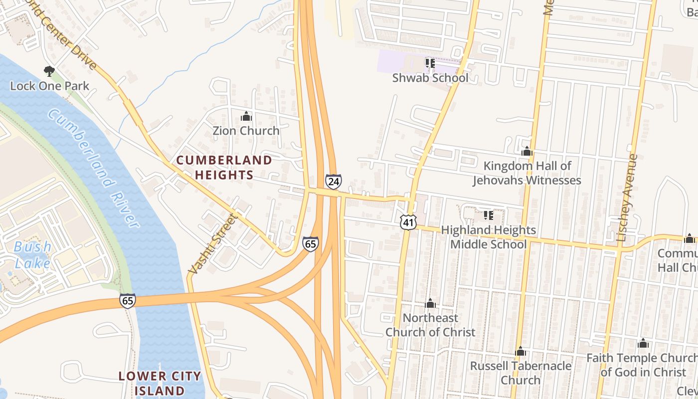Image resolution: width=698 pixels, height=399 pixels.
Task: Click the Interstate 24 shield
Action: click(x=334, y=181)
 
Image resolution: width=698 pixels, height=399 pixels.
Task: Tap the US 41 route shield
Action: click(x=408, y=222)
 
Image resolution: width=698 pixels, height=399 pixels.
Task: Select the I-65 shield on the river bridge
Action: click(x=127, y=301)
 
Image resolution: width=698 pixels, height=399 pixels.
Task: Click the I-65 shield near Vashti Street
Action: click(x=310, y=244)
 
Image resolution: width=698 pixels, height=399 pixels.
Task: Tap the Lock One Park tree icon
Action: click(x=49, y=71)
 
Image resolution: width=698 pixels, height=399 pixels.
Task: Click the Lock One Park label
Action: click(x=50, y=86)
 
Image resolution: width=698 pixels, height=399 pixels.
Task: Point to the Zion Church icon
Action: click(x=246, y=117)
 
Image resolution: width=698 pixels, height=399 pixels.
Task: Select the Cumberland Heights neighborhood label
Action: click(x=224, y=168)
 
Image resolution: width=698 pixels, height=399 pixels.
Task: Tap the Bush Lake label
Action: click(x=32, y=255)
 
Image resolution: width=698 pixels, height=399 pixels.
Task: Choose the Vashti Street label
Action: click(x=212, y=244)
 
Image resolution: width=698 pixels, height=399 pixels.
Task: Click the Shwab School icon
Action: click(x=430, y=63)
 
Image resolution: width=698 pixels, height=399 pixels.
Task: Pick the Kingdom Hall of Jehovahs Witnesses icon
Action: click(x=527, y=152)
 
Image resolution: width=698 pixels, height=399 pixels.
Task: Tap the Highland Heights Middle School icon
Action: click(x=488, y=215)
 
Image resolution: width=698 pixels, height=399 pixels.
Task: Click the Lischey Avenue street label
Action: click(x=627, y=198)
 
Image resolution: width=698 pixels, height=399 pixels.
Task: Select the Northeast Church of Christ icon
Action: click(x=430, y=304)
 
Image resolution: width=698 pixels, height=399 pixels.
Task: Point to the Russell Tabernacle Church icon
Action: click(x=521, y=352)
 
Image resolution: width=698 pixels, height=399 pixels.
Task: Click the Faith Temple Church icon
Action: click(x=643, y=344)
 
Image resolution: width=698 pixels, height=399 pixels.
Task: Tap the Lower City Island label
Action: click(x=160, y=383)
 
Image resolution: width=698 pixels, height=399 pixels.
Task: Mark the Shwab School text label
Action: click(x=430, y=78)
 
